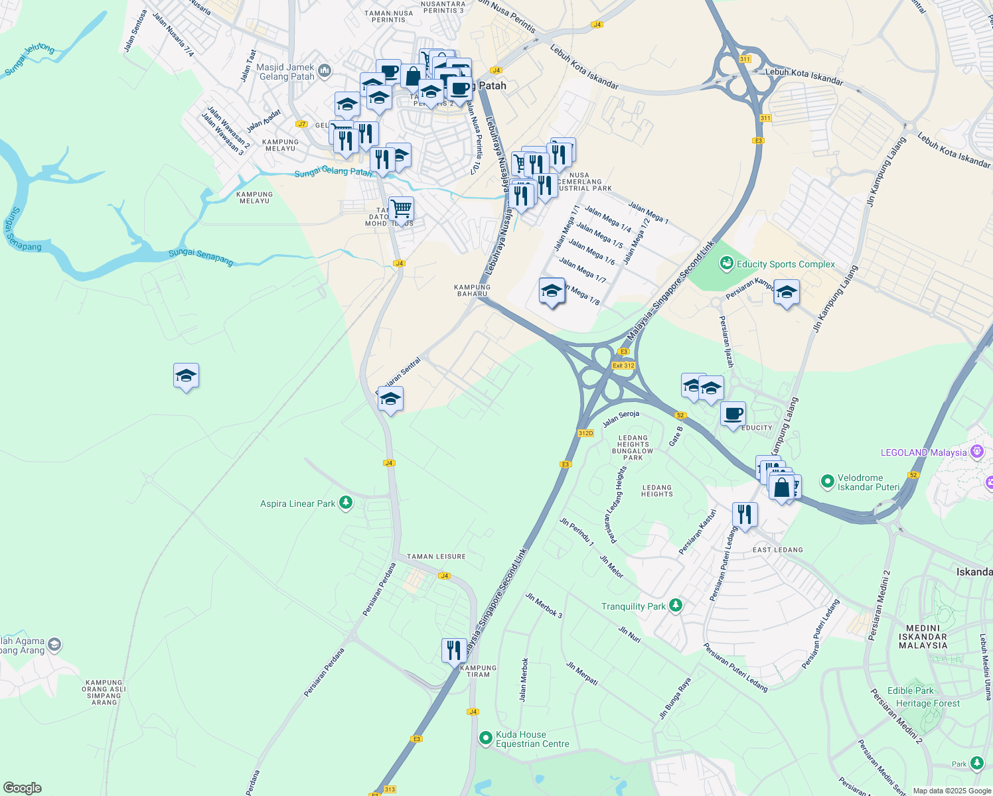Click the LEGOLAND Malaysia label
923,452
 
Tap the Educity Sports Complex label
785,264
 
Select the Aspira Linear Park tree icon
345,503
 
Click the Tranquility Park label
633,606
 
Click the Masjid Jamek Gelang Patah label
287,72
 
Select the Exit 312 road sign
623,365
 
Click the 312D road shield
585,433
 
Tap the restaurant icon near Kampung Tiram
454,650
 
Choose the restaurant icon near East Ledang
745,514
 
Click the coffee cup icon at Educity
733,414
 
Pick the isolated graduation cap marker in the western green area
186,376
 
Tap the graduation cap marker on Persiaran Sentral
390,399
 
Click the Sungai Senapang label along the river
200,256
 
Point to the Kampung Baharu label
472,291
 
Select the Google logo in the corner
22,788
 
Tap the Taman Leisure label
436,557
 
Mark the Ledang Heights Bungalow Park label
633,448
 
